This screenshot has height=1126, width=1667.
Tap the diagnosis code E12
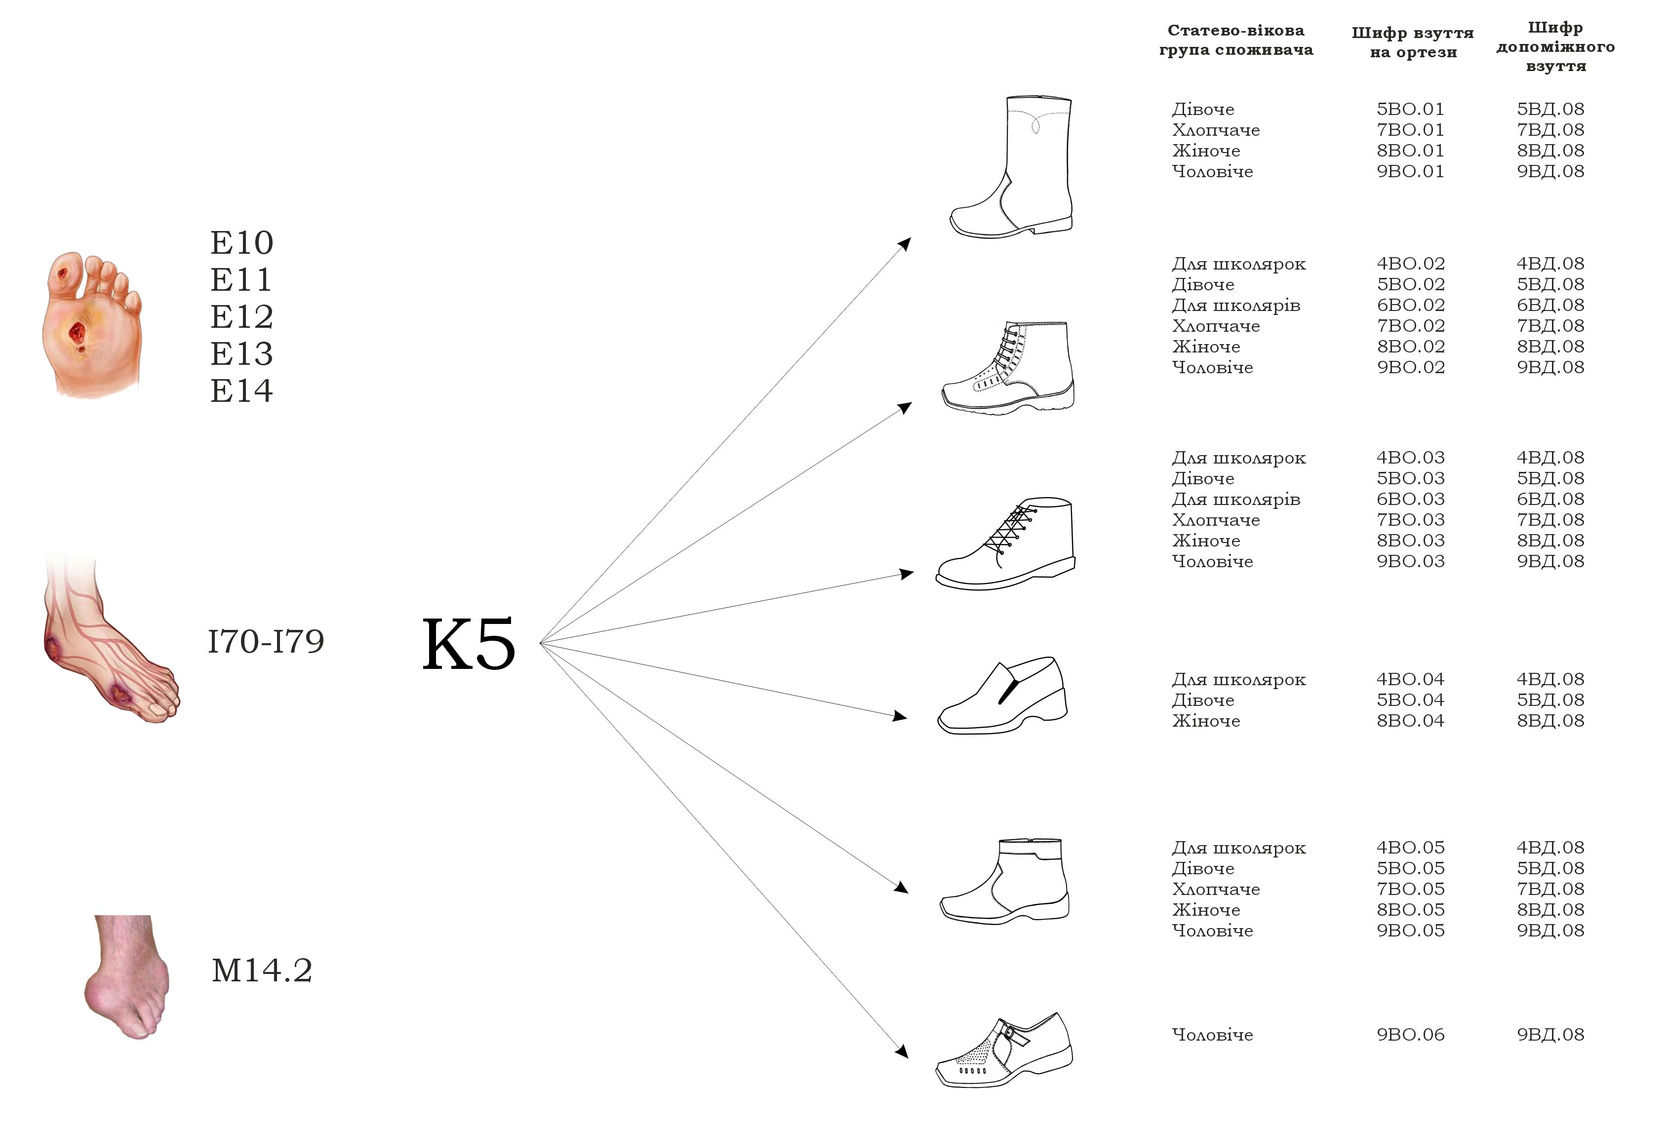[242, 316]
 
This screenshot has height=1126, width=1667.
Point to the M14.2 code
[262, 971]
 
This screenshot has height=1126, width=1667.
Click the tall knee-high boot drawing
[1011, 166]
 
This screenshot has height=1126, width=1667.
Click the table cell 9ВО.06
[1410, 1034]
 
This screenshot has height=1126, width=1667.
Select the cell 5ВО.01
[1410, 109]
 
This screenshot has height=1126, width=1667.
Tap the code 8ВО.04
[1410, 720]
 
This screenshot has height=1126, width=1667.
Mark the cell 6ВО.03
[1410, 499]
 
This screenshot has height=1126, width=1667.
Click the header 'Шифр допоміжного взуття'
[1555, 46]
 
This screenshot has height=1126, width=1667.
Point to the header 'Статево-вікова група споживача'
[1236, 40]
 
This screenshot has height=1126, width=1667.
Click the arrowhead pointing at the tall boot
[905, 244]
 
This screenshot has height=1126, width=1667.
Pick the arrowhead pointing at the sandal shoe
[902, 1050]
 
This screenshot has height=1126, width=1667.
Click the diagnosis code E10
[242, 242]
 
